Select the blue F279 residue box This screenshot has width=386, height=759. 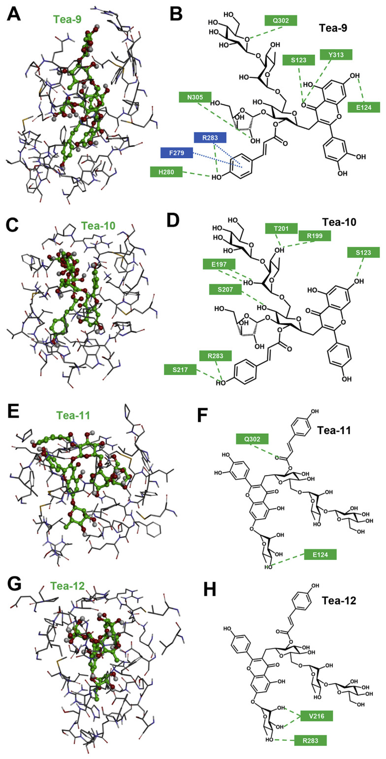tap(177, 153)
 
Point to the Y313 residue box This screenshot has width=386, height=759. tap(335, 55)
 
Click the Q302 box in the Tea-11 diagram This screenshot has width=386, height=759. tap(252, 438)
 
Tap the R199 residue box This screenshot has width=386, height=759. tap(314, 236)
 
